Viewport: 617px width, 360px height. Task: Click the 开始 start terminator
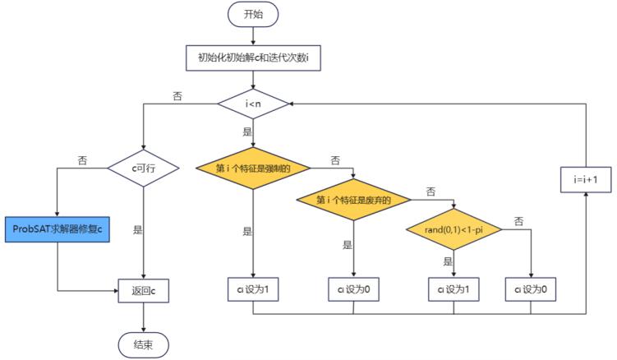click(x=254, y=14)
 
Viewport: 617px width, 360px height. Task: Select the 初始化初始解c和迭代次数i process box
click(x=254, y=58)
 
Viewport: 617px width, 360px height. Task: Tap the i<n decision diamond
click(x=254, y=104)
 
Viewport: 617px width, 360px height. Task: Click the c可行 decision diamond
click(x=144, y=168)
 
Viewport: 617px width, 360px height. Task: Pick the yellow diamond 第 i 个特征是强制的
click(x=254, y=169)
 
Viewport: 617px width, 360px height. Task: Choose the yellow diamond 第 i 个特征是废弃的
click(x=354, y=200)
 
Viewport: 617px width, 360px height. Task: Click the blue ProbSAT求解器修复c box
click(x=58, y=228)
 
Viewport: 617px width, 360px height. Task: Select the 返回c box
click(x=144, y=290)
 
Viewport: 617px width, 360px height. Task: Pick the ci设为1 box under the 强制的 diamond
click(x=253, y=289)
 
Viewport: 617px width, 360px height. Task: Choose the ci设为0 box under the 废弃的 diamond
click(x=354, y=289)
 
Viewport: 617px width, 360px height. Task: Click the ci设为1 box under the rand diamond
click(x=454, y=289)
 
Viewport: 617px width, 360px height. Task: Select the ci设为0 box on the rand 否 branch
click(x=532, y=289)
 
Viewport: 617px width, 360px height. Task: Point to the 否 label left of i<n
click(x=177, y=95)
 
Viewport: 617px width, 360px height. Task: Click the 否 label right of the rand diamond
click(x=519, y=221)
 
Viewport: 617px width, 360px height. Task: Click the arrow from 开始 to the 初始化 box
click(x=254, y=36)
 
